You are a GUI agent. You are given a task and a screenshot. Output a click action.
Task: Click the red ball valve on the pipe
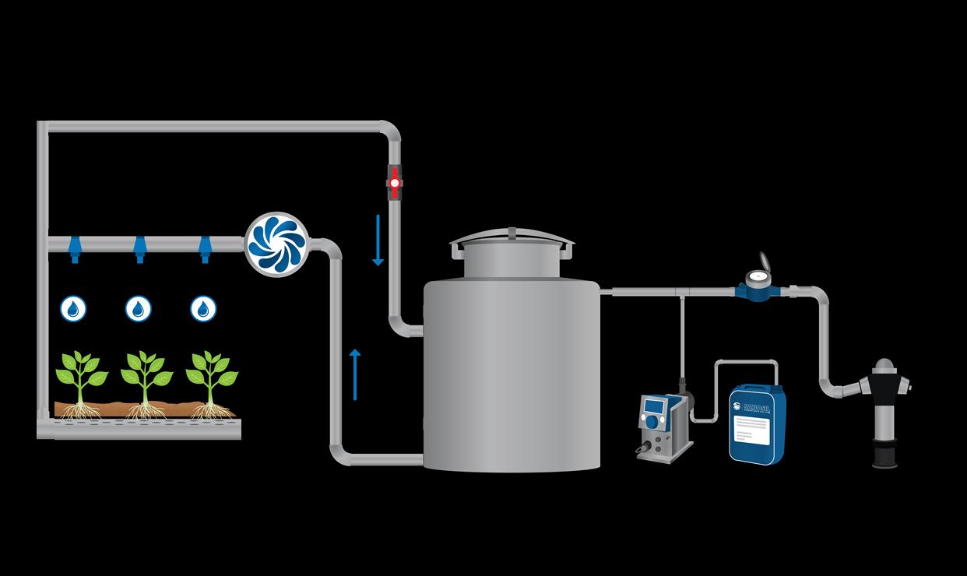pyautogui.click(x=394, y=184)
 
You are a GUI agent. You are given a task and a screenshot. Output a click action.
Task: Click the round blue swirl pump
pyautogui.click(x=277, y=244)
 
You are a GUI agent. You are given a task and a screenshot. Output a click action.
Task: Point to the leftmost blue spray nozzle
pyautogui.click(x=75, y=248)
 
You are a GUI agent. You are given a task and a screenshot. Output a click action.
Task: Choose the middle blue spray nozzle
pyautogui.click(x=139, y=248)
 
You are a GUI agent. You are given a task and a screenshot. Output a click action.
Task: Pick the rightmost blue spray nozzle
pyautogui.click(x=205, y=248)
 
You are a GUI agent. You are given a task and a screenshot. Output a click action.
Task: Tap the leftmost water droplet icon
pyautogui.click(x=73, y=308)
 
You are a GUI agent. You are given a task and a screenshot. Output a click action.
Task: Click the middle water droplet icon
pyautogui.click(x=139, y=308)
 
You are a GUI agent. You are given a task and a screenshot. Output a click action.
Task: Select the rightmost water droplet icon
pyautogui.click(x=203, y=308)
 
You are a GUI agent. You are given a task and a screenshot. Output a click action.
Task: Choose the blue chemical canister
pyautogui.click(x=757, y=425)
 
